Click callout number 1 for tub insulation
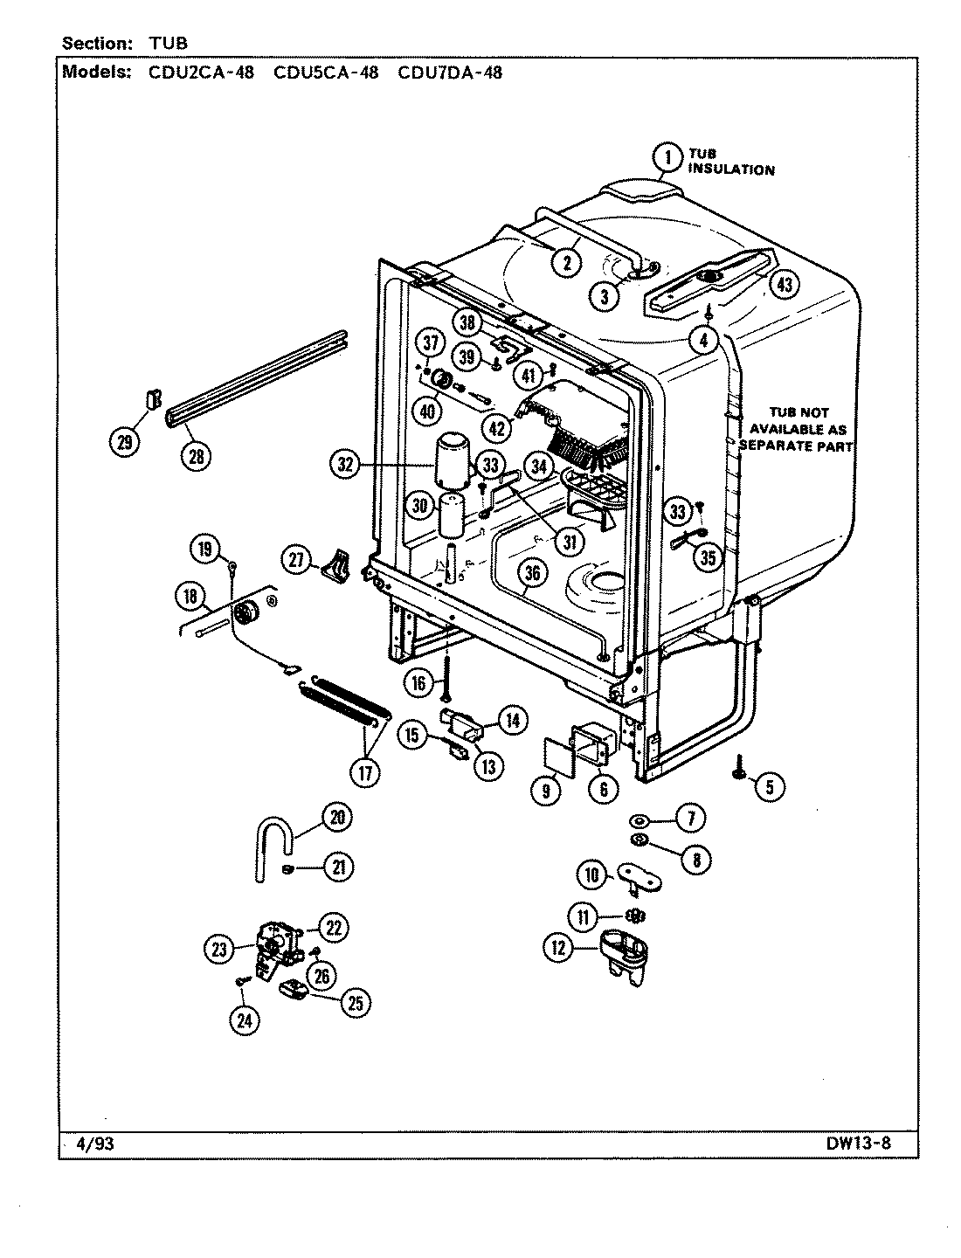pos(667,158)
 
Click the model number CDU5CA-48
pos(326,73)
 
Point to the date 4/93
pos(92,1144)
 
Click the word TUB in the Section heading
pos(169,42)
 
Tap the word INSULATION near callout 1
pos(731,169)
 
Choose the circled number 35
pos(710,556)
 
